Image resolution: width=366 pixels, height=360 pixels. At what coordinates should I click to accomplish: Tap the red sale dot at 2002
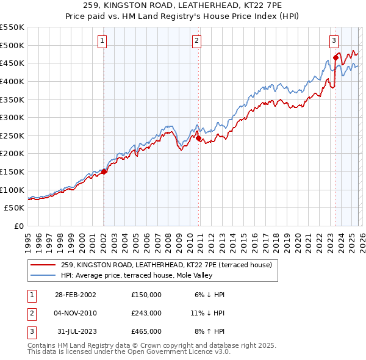[104, 171]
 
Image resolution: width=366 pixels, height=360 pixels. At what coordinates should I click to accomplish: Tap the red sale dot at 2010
[198, 138]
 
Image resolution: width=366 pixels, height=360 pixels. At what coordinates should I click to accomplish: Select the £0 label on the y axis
[20, 226]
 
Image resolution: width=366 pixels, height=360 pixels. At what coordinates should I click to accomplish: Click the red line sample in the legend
[43, 265]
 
